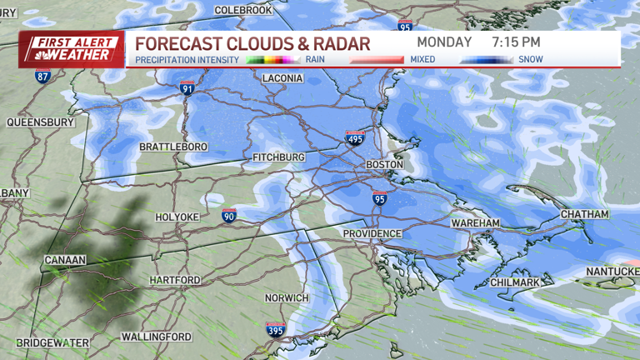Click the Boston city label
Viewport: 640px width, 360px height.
coord(385,165)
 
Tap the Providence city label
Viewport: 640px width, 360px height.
coord(372,234)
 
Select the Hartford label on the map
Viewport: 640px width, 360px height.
coord(176,280)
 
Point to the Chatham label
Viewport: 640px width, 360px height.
coord(584,214)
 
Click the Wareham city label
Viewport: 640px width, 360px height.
coord(475,224)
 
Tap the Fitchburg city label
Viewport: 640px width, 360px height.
coord(279,157)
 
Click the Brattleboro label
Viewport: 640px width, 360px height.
coord(173,147)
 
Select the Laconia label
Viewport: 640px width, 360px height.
coord(282,78)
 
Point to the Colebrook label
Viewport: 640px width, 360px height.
coord(242,10)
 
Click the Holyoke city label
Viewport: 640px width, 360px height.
coord(177,217)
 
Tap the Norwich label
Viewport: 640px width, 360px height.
coord(287,298)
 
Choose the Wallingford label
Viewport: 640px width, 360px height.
coord(157,337)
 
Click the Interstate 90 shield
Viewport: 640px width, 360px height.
coord(229,216)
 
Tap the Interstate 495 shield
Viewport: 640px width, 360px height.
coord(355,138)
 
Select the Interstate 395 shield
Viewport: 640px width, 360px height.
coord(275,329)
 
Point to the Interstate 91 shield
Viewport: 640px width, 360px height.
coord(187,87)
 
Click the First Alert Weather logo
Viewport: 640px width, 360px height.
coord(72,50)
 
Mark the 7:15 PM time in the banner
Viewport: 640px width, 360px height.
coord(516,42)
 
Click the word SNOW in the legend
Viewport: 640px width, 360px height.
coord(530,60)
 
